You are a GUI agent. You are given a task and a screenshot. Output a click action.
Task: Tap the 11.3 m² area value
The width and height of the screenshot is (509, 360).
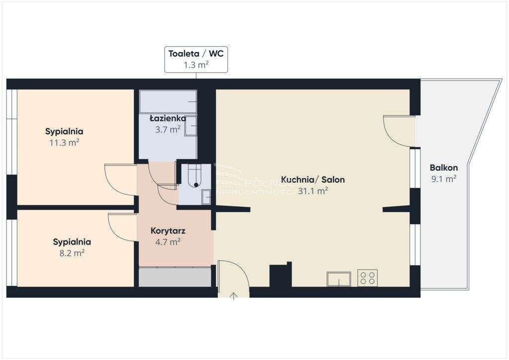click(64, 142)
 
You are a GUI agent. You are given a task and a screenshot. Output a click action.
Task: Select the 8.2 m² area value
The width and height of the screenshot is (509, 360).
click(72, 253)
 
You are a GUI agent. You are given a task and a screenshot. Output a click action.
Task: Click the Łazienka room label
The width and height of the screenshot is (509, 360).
click(168, 119)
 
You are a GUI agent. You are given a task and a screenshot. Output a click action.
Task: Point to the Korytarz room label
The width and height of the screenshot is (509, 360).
click(168, 231)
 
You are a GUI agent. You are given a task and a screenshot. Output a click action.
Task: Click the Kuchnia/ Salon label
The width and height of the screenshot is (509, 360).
click(313, 180)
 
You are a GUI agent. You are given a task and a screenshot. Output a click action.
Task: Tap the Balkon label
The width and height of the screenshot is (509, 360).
click(443, 168)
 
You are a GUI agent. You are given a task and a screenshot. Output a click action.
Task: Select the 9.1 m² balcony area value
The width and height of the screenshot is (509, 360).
click(443, 179)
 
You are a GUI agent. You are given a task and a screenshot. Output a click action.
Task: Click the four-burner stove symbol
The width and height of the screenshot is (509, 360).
click(367, 278)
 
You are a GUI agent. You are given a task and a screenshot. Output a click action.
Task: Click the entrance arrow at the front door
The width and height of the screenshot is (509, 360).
click(234, 297)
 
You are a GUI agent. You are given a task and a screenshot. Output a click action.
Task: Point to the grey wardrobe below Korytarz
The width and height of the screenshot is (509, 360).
click(175, 277)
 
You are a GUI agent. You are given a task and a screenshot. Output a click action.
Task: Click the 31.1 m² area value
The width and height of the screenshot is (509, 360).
click(313, 191)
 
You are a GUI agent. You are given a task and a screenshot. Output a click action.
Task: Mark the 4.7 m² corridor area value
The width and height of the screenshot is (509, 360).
click(168, 242)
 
